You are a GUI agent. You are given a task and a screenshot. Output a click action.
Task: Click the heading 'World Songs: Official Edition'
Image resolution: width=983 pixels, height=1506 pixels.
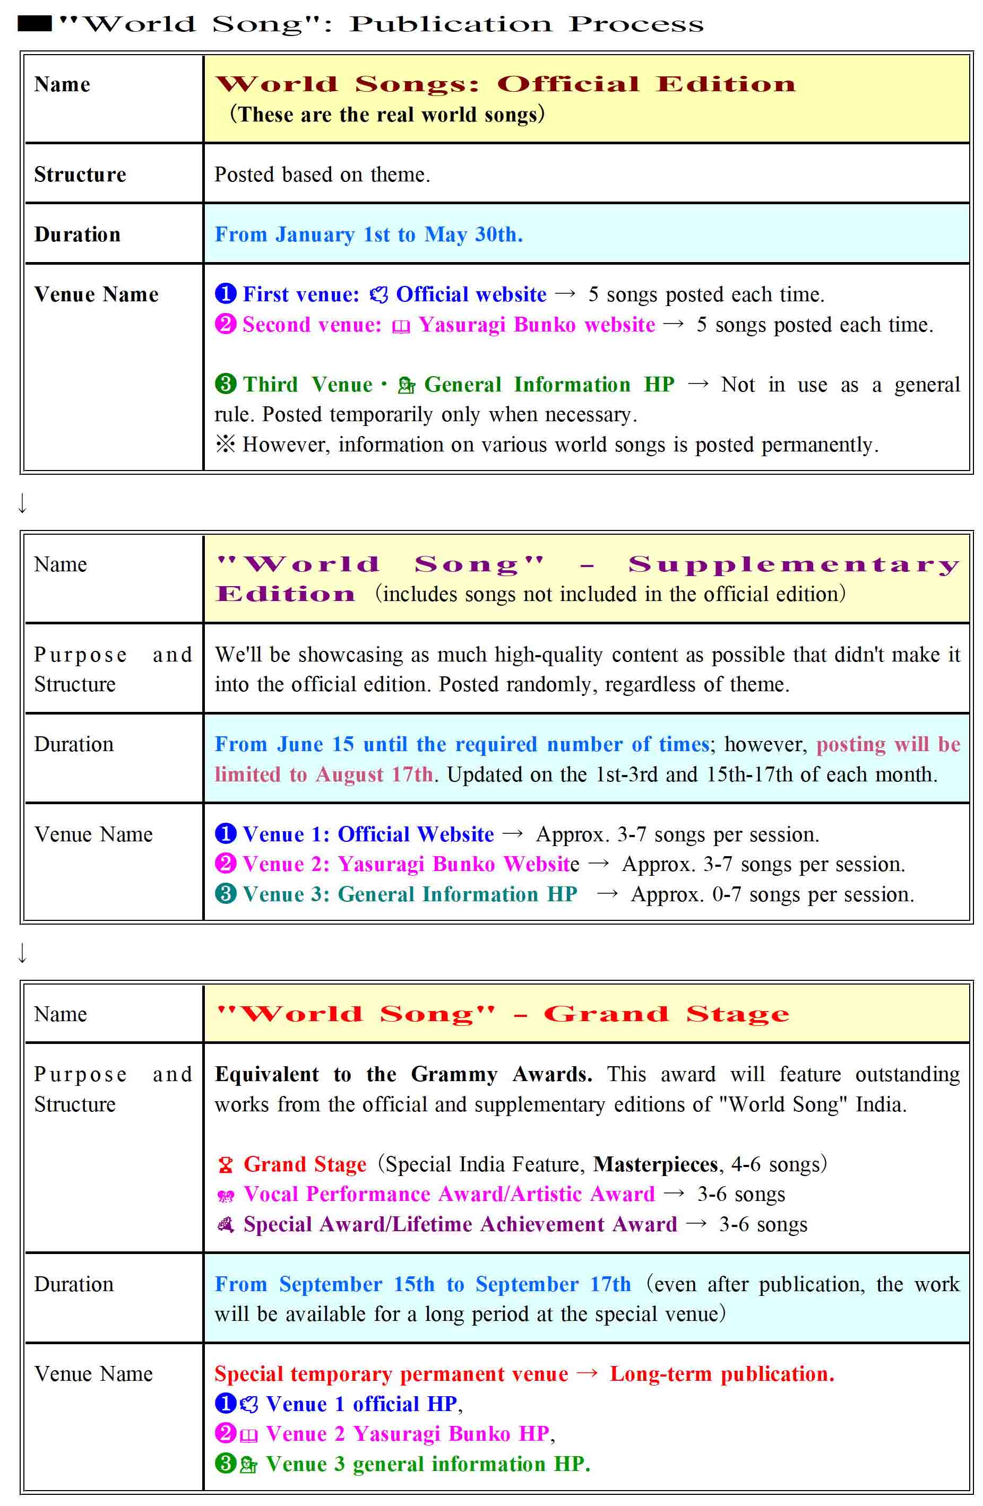coord(505,84)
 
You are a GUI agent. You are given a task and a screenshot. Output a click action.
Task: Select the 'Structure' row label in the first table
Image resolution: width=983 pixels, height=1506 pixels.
coord(80,175)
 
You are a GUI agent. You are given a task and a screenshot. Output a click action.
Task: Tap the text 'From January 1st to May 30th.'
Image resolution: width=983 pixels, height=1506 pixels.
coord(368,235)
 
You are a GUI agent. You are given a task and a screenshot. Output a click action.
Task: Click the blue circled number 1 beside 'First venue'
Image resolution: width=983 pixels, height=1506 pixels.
coord(226,294)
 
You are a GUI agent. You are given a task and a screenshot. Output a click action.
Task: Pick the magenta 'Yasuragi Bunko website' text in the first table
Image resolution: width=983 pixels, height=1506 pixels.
coord(537,325)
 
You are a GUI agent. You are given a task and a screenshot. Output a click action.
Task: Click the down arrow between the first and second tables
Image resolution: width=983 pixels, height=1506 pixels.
coord(23,504)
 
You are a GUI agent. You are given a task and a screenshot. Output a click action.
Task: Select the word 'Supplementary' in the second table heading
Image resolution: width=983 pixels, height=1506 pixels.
coord(794,564)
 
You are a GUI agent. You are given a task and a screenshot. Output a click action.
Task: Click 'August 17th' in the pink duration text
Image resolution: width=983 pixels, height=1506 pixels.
coord(374,774)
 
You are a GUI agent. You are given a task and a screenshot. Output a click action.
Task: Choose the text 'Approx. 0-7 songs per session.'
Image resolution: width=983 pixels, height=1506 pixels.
coord(772,894)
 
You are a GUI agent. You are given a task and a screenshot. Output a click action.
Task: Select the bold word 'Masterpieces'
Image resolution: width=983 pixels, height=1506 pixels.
coord(655,1164)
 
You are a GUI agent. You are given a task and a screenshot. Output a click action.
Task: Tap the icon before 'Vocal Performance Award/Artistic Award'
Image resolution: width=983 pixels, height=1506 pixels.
coord(226,1195)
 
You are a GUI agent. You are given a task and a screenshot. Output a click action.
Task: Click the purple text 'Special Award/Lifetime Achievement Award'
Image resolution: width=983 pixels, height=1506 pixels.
coord(460,1224)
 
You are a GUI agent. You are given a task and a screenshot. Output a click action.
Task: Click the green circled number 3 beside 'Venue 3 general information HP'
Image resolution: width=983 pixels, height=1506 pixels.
coord(226,1463)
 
